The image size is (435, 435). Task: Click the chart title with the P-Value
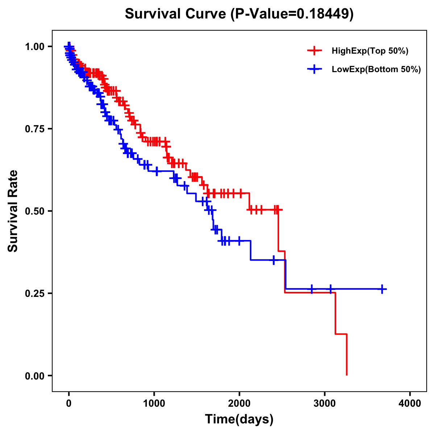click(239, 14)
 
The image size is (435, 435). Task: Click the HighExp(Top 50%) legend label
click(370, 51)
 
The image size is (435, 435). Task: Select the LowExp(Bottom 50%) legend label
click(376, 70)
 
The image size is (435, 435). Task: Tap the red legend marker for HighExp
click(314, 51)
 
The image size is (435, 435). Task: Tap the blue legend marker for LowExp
click(314, 69)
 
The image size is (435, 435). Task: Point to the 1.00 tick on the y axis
click(34, 46)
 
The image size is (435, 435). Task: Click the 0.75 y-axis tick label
click(34, 129)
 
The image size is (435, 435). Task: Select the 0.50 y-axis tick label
click(34, 211)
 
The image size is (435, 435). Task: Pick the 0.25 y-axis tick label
click(34, 293)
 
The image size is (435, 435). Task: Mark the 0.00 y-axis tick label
click(34, 376)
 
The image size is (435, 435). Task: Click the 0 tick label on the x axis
click(69, 403)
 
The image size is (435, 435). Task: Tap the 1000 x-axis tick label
click(154, 403)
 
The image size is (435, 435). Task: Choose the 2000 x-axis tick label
click(239, 403)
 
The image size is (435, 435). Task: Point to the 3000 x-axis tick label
click(325, 403)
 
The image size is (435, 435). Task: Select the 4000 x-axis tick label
click(410, 403)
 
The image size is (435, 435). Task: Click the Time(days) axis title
click(239, 419)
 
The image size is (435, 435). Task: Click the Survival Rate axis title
click(13, 211)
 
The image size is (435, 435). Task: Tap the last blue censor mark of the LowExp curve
click(382, 289)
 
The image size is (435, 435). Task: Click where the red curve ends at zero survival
click(347, 375)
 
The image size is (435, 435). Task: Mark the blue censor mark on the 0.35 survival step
click(274, 260)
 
